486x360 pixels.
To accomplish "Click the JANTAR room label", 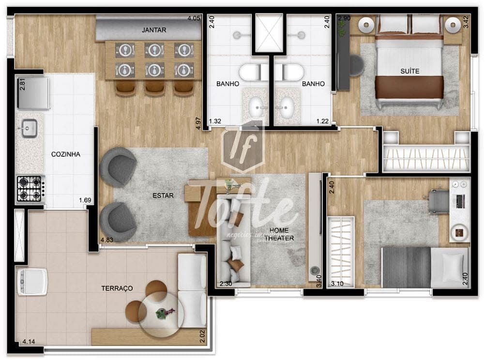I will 154,30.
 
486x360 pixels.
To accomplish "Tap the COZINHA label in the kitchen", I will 65,154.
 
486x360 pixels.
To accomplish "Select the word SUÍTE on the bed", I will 410,71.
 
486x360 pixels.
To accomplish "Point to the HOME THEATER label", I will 282,234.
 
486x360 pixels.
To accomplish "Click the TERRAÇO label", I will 117,288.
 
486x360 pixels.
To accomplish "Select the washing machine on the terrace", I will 32,282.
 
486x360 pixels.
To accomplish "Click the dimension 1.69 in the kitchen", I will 85,199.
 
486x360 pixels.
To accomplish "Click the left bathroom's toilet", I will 252,73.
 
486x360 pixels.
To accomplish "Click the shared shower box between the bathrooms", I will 268,33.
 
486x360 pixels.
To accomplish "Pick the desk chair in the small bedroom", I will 439,201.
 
